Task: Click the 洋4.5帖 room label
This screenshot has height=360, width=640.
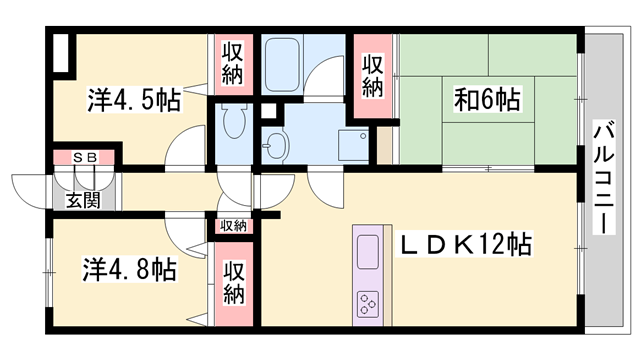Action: click(133, 100)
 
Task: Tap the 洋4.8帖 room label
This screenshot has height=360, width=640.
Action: click(130, 269)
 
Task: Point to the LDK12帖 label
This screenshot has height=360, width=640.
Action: click(465, 245)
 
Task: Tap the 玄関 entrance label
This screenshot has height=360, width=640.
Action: click(83, 200)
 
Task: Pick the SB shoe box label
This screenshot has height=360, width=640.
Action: click(83, 158)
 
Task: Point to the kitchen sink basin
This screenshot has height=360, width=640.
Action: click(366, 250)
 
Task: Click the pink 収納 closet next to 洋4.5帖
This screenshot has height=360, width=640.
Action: click(232, 65)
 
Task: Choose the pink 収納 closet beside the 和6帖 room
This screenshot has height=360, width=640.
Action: click(373, 78)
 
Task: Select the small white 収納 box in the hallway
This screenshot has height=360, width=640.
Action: click(233, 226)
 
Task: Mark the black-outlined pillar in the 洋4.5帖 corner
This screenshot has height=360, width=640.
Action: click(63, 54)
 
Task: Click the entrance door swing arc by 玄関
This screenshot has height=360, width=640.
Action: click(30, 190)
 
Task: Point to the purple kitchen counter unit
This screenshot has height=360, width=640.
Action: click(366, 275)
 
